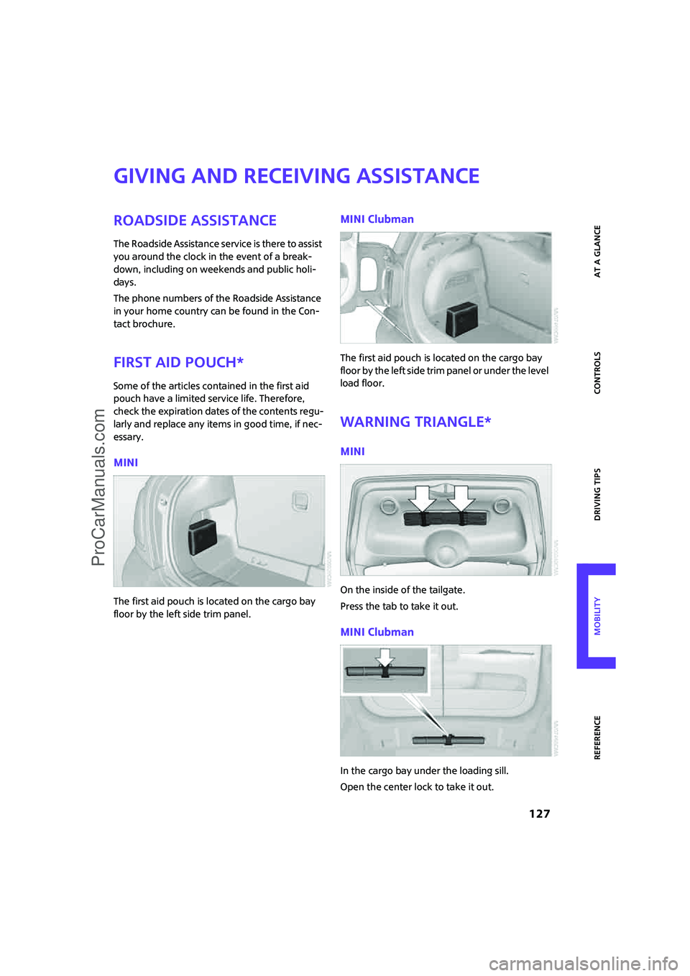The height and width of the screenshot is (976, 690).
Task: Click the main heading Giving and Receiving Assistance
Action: click(296, 176)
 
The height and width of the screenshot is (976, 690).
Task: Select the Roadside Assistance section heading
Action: click(195, 221)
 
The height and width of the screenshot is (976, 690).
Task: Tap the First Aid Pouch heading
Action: click(178, 362)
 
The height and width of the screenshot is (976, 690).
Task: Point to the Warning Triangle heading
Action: click(415, 422)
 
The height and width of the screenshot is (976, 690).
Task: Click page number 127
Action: click(539, 814)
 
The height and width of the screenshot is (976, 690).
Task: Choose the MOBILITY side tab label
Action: click(597, 616)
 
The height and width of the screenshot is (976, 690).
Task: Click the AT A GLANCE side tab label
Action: click(597, 251)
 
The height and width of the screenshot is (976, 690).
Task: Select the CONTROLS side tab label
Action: click(597, 372)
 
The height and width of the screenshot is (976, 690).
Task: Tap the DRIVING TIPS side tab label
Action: click(597, 494)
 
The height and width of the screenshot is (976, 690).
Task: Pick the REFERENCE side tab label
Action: click(597, 737)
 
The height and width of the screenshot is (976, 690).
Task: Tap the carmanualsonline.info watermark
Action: click(583, 963)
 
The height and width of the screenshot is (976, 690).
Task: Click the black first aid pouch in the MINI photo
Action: click(202, 537)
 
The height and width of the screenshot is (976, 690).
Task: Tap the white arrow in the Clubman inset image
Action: click(386, 658)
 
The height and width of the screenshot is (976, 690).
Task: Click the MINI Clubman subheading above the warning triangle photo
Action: click(377, 632)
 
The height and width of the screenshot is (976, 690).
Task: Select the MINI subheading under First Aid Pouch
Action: click(126, 463)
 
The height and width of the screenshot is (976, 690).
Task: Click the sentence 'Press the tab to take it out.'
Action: click(399, 607)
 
